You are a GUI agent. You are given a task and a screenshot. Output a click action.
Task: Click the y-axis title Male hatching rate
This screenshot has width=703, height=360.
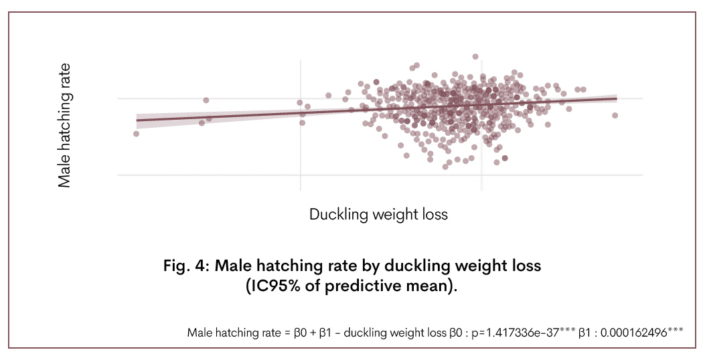click(x=64, y=125)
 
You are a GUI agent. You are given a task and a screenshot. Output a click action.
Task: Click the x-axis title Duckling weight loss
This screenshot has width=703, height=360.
click(x=378, y=215)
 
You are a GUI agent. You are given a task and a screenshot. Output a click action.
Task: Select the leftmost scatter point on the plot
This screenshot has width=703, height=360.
click(x=136, y=134)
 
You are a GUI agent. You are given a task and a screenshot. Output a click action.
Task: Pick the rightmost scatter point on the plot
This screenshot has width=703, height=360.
click(x=615, y=115)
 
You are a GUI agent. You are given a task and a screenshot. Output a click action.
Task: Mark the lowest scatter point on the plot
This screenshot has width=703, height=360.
click(x=445, y=167)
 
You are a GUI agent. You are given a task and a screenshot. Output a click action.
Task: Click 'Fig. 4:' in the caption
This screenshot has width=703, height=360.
click(x=186, y=266)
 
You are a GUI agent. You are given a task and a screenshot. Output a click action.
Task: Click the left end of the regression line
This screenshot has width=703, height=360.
click(x=137, y=120)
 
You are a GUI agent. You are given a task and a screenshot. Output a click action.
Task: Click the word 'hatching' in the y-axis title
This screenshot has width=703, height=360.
click(x=64, y=116)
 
